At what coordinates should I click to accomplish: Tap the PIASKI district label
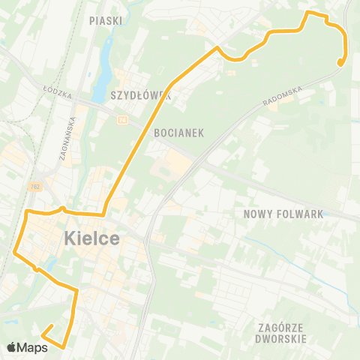click(105, 21)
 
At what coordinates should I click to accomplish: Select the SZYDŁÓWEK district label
click(141, 96)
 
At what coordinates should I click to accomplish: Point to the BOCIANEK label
click(179, 132)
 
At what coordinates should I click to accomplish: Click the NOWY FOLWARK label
click(283, 214)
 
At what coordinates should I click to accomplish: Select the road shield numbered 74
click(121, 119)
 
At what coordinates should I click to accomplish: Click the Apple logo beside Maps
click(12, 346)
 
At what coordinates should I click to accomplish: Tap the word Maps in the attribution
click(34, 346)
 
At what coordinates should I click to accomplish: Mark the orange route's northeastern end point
click(340, 63)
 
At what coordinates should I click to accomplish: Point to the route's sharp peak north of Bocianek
click(217, 48)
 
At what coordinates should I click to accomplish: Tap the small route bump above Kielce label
click(63, 208)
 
